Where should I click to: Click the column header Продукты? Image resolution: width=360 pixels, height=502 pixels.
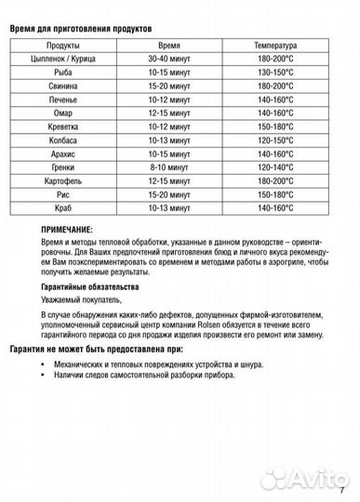tap(62, 45)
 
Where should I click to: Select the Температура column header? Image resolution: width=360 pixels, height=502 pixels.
tap(274, 45)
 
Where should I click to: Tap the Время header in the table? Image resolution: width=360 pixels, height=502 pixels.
tap(169, 45)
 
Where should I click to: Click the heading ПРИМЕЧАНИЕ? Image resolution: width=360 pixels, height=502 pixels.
tap(67, 229)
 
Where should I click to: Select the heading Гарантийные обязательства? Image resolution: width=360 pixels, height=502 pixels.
tap(89, 287)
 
